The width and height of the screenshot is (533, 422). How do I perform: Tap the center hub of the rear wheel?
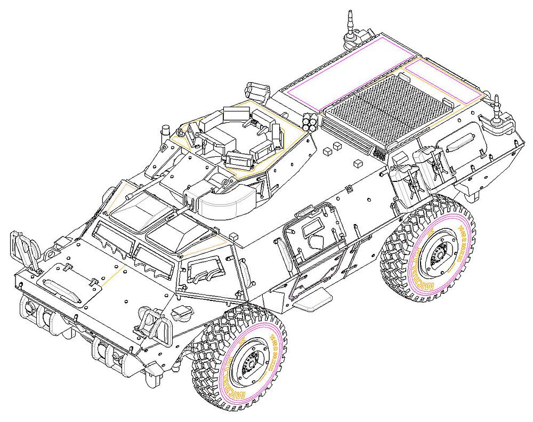coord(438,256)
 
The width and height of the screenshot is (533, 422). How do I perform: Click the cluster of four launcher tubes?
coord(310,123)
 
